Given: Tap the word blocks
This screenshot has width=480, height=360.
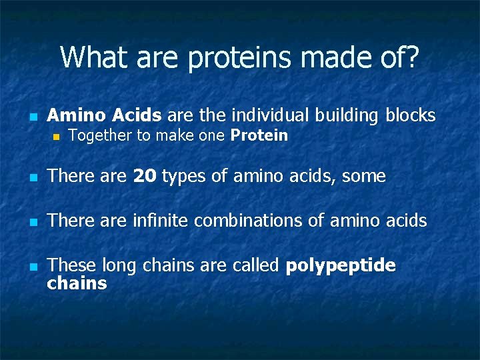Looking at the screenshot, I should (x=410, y=115).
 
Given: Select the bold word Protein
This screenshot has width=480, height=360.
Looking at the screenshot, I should (x=259, y=136).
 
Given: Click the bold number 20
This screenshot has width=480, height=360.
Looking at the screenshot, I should (x=145, y=177).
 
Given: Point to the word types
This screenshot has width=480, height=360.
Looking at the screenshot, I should (x=182, y=177).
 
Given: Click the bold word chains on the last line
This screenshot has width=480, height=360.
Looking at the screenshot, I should (x=77, y=283).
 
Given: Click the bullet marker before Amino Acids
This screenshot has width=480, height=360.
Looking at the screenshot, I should (x=32, y=117).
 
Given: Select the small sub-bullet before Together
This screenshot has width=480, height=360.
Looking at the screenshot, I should (x=57, y=137).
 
